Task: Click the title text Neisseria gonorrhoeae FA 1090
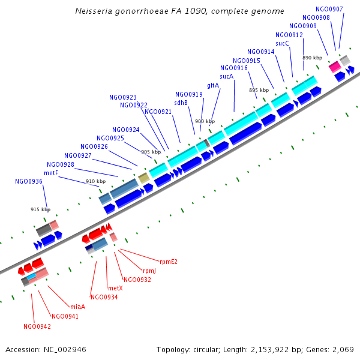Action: click(180, 11)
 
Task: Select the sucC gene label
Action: click(283, 43)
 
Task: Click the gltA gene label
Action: click(213, 85)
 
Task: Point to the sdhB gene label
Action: click(181, 103)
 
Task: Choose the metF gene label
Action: click(51, 173)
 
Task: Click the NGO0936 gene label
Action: click(29, 181)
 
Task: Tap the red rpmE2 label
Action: click(169, 262)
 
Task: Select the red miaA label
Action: click(78, 307)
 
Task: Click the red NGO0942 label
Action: click(37, 326)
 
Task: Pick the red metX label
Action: click(115, 288)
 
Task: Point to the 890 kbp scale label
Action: click(312, 58)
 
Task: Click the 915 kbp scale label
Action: click(40, 209)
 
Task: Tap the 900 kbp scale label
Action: click(205, 121)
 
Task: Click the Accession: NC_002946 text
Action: click(46, 349)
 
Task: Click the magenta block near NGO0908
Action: click(334, 66)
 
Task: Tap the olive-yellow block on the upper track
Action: click(143, 178)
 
